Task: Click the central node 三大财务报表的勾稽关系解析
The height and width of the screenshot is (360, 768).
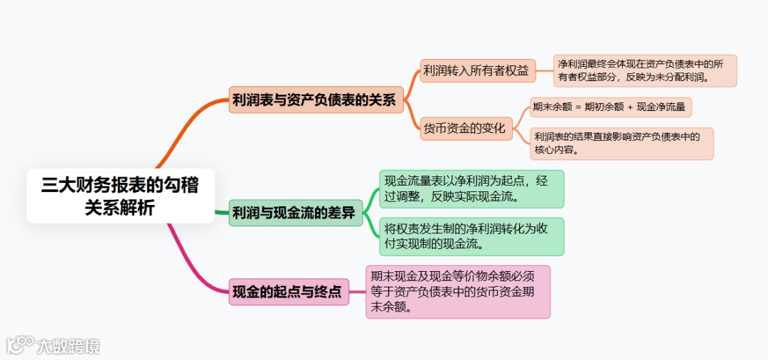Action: click(120, 196)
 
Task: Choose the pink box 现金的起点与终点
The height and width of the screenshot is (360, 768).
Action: click(289, 292)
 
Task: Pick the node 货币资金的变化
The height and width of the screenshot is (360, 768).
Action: click(465, 129)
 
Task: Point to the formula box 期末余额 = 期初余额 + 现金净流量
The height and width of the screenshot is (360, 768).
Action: click(610, 107)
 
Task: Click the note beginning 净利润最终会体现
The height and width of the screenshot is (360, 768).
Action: click(645, 70)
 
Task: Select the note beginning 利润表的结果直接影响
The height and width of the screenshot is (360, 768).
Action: click(622, 144)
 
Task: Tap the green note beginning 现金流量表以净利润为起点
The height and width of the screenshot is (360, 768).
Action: click(471, 189)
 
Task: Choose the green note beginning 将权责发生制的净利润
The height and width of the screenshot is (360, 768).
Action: click(471, 236)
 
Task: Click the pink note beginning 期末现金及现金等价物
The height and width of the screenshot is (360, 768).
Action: click(458, 292)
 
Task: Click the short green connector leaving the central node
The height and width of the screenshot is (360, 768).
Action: click(222, 212)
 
